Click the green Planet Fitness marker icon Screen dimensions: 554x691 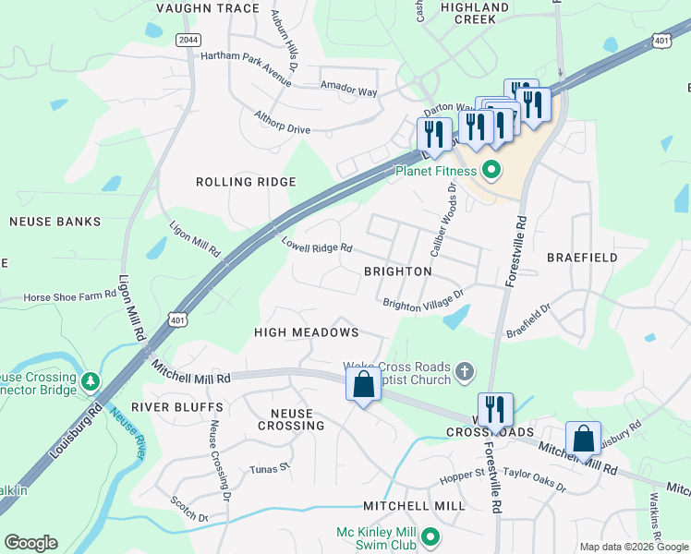tap(491, 170)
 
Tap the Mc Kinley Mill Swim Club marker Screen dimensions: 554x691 tap(430, 535)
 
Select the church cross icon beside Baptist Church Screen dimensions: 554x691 tap(465, 371)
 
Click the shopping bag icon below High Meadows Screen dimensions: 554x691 tap(364, 385)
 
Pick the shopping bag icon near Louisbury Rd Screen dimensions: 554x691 tap(584, 438)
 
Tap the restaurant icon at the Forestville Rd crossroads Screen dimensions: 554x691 tap(495, 410)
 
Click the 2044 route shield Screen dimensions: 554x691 tap(188, 40)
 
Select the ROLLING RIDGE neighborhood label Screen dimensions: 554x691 tap(246, 182)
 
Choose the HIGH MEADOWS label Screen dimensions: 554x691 tap(306, 331)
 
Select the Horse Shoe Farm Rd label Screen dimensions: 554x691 tap(70, 296)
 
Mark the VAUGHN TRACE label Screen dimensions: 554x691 tap(208, 8)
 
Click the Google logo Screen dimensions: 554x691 tap(30, 543)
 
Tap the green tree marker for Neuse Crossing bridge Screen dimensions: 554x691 tap(91, 380)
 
